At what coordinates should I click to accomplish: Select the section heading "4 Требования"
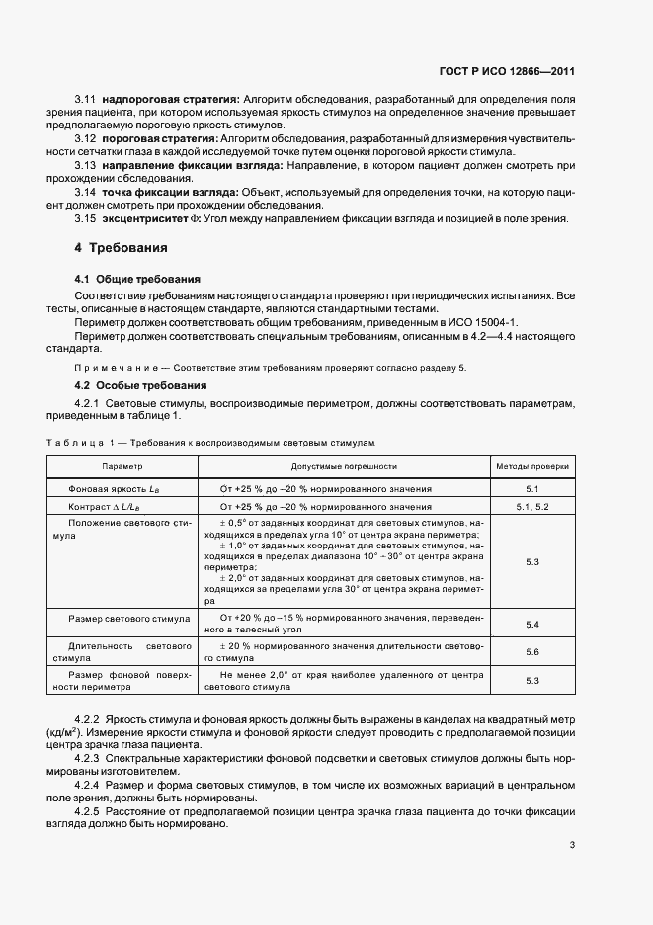pos(122,247)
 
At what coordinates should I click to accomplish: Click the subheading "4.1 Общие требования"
pos(137,280)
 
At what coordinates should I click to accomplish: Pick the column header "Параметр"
pos(122,464)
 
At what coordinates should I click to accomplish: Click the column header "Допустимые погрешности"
pos(344,464)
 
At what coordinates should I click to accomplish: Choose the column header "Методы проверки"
pos(531,464)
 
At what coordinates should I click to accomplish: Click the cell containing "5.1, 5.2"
pos(531,506)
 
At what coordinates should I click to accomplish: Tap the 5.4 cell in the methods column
pos(531,625)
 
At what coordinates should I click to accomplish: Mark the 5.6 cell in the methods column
pos(531,652)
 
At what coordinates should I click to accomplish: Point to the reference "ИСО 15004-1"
pos(470,322)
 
